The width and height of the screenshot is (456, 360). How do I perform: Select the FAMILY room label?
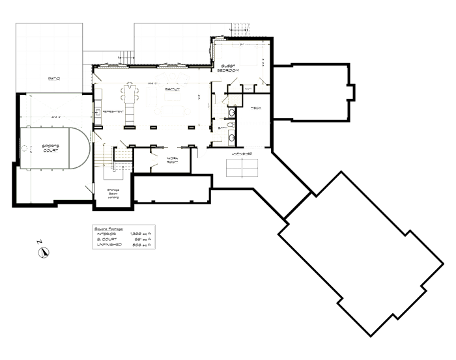[x=172, y=88]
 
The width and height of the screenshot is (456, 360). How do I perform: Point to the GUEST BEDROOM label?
[x=228, y=68]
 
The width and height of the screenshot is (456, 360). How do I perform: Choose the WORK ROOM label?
[x=173, y=159]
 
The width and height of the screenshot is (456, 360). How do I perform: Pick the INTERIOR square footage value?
[x=140, y=234]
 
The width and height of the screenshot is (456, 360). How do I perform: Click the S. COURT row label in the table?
[x=107, y=240]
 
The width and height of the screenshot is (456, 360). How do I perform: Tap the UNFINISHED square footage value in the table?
[x=141, y=246]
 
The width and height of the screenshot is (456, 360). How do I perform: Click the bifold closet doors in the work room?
[x=154, y=159]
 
